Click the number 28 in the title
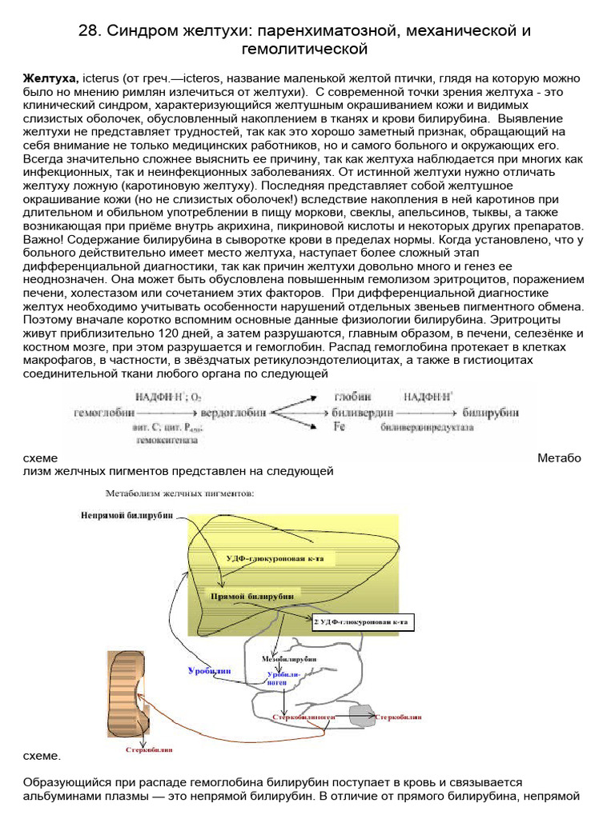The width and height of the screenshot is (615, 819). pos(90,31)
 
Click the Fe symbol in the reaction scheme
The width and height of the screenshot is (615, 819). pos(339,427)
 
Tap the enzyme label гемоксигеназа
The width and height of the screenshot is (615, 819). pos(166,439)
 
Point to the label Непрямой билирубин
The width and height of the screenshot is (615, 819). pos(127,516)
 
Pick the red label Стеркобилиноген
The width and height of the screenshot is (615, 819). pos(303,718)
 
